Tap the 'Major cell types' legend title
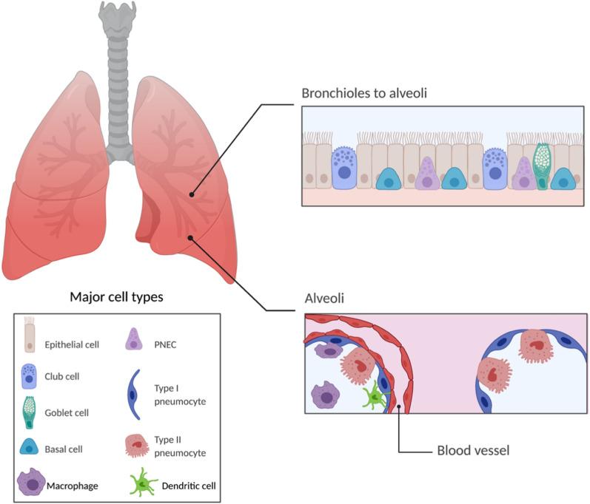[116, 298]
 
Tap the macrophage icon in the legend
[33, 484]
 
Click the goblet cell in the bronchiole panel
[543, 167]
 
